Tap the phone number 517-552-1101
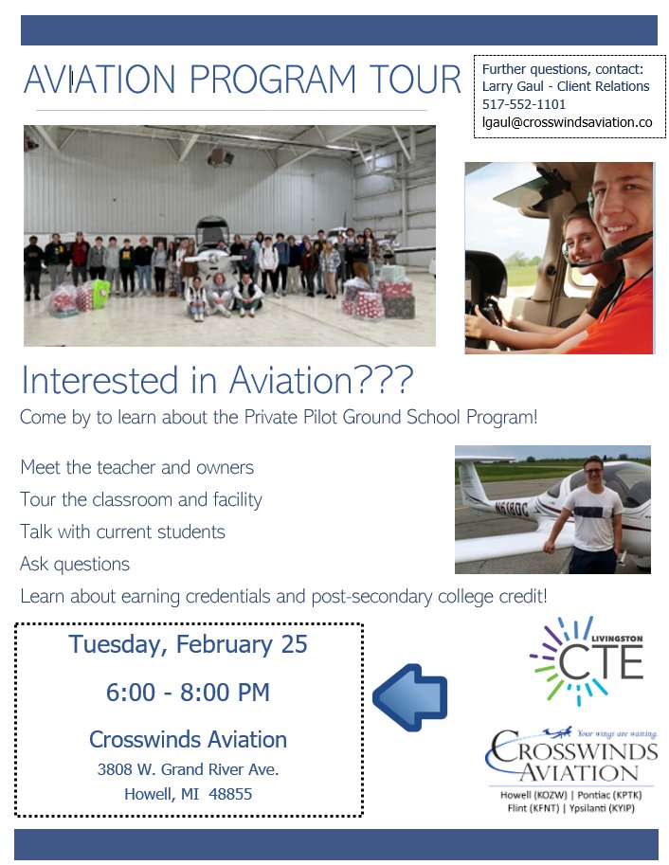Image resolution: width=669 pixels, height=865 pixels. [x=524, y=104]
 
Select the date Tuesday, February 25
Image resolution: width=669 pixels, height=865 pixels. [x=188, y=644]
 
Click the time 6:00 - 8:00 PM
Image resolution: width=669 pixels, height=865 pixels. [x=188, y=693]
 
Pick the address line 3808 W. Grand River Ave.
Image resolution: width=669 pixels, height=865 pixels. [x=188, y=769]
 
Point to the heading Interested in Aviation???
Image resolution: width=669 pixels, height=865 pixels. [x=217, y=381]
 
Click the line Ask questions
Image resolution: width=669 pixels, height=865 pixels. [x=75, y=564]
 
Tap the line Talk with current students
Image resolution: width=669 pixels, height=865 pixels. [x=122, y=531]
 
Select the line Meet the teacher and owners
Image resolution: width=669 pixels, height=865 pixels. [x=136, y=467]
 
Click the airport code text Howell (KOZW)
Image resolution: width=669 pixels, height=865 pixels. [x=533, y=795]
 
